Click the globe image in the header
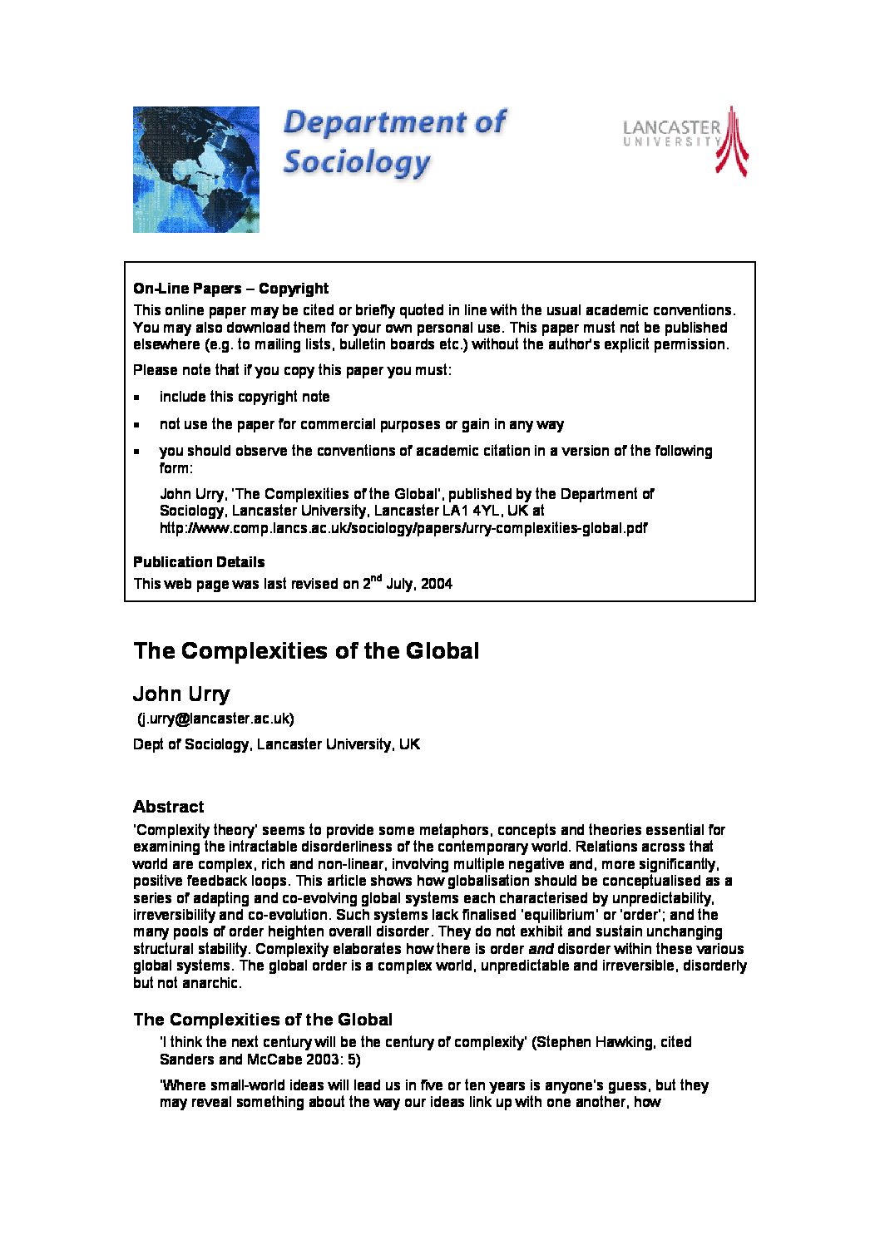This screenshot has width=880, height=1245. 196,169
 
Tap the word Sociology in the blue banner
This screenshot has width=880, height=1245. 357,161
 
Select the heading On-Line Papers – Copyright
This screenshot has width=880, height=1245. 230,289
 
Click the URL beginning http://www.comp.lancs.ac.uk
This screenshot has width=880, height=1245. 403,528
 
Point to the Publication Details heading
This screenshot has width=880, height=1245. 199,562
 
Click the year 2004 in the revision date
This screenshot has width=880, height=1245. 437,584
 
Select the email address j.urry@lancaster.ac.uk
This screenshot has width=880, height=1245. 215,719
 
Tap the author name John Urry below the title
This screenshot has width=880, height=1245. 181,694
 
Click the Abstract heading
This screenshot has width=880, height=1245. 168,807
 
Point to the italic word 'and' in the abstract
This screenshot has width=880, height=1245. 541,949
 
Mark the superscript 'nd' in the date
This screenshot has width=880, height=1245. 376,578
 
